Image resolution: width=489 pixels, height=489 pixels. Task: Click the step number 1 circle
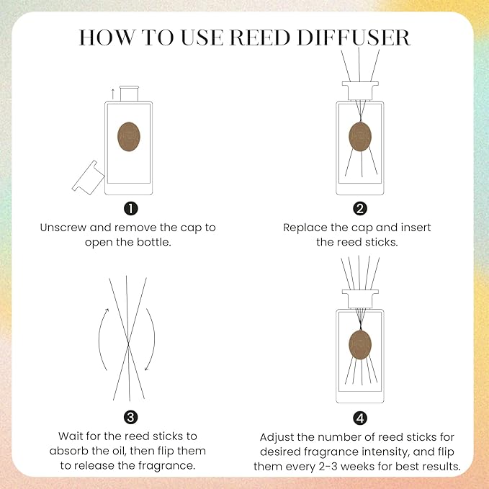(130, 209)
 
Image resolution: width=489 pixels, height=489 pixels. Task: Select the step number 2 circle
(360, 209)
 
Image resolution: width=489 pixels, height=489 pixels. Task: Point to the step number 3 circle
(130, 416)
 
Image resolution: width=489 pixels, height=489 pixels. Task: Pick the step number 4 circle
(360, 418)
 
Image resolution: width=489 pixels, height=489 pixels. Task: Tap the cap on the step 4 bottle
(359, 298)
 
